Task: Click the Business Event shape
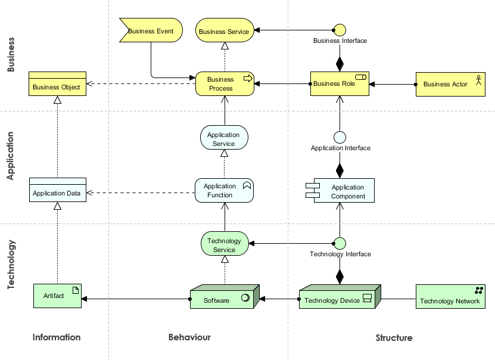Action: pos(151,30)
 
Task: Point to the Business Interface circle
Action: pos(340,29)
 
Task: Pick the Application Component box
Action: pos(344,191)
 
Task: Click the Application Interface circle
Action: pos(340,137)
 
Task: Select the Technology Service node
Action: pos(224,244)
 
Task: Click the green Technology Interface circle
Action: pos(340,243)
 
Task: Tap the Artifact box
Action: pos(57,296)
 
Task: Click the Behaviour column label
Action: pos(189,337)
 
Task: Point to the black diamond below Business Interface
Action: pos(340,62)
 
